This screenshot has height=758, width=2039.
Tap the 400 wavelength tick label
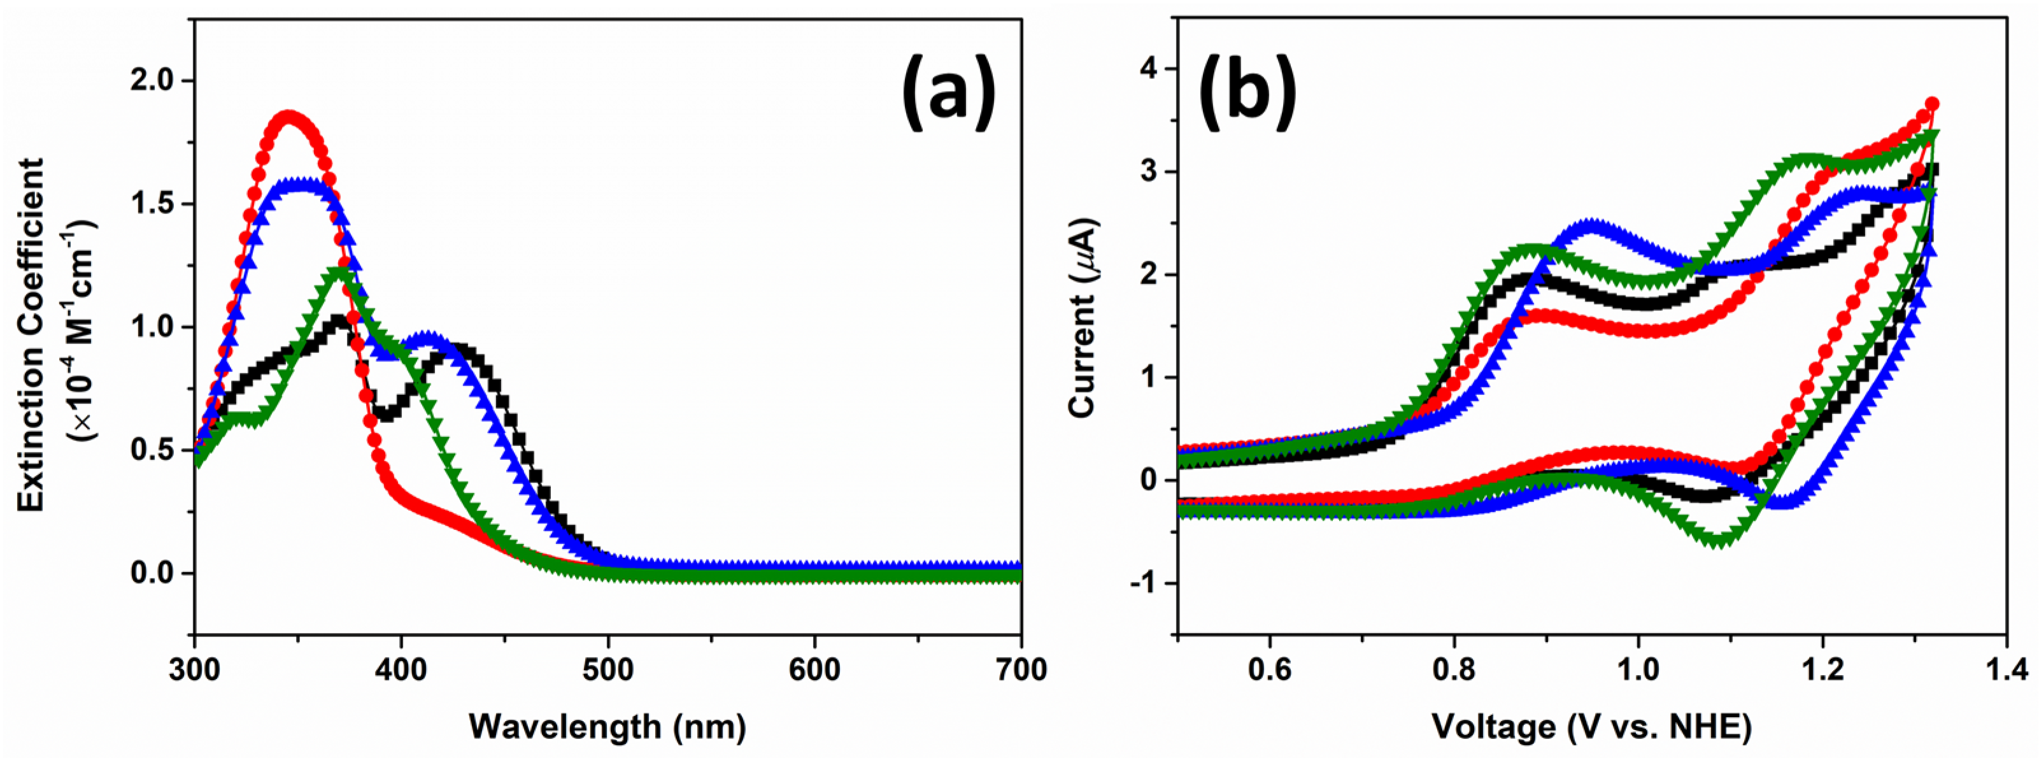pos(401,669)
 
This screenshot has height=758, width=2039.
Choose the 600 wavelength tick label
pos(814,669)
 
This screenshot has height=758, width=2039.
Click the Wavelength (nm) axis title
pos(607,726)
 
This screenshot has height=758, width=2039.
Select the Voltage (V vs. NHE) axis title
pos(1591,726)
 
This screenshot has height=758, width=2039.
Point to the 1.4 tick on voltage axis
pos(2006,670)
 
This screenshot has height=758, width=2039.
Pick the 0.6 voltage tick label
pos(1269,670)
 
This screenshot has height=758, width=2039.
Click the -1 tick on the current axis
pos(1144,583)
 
